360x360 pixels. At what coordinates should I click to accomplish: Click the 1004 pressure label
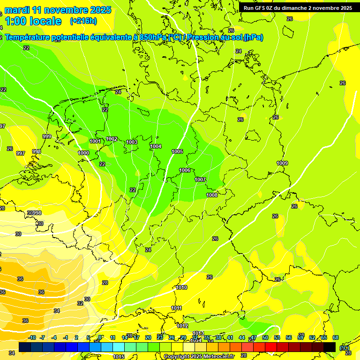[156, 147]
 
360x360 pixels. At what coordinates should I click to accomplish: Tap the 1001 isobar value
[95, 141]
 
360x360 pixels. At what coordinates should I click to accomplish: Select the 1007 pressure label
[200, 180]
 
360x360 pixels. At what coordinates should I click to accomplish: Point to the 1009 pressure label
[282, 163]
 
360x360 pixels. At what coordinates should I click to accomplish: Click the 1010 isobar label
[182, 287]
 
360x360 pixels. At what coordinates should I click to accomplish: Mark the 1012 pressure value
[182, 326]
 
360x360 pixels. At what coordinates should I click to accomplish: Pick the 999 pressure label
[47, 136]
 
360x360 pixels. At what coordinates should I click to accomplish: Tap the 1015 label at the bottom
[119, 356]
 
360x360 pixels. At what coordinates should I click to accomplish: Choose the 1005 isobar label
[177, 151]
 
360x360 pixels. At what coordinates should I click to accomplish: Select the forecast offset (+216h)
[83, 21]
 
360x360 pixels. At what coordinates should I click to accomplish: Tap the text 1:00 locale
[33, 21]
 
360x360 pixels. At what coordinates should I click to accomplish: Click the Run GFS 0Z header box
[298, 8]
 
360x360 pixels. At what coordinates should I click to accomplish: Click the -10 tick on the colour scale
[32, 337]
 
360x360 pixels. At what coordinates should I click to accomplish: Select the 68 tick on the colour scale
[336, 337]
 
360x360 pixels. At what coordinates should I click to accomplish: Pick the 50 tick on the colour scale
[265, 337]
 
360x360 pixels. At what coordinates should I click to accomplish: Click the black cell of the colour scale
[330, 347]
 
